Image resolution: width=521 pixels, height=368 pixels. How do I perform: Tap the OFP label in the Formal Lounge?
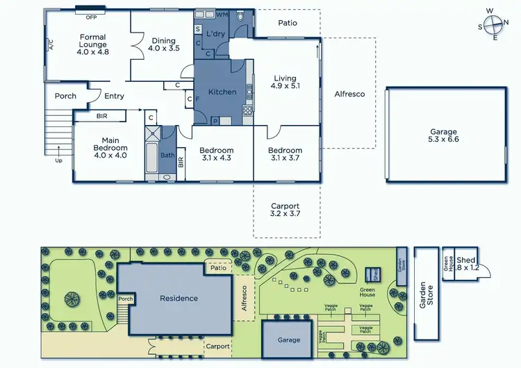coord(91,16)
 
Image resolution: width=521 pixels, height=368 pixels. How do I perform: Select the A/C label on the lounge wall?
coord(51,45)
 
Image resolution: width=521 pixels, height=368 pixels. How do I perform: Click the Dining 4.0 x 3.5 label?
coord(165,45)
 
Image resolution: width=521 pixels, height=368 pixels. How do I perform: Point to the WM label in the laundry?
coord(222,15)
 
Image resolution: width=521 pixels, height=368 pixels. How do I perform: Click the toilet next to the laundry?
coord(241,17)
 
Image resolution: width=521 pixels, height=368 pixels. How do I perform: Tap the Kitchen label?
coord(222,92)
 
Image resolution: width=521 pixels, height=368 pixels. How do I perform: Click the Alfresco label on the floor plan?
coord(349,94)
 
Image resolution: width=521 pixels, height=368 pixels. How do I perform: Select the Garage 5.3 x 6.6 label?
coord(444,135)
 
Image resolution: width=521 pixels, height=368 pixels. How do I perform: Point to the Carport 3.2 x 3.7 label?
coord(285,210)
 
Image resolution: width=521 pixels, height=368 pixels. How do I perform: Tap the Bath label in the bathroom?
coord(167,156)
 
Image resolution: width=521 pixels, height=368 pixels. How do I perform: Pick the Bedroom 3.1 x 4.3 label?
coord(216,154)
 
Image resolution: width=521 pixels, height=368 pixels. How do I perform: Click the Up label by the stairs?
coord(58,160)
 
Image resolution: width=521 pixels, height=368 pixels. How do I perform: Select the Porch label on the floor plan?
coord(65,97)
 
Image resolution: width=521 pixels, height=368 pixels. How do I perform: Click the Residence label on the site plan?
coord(179,299)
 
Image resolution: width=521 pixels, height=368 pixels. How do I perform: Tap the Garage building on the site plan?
coord(289,340)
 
